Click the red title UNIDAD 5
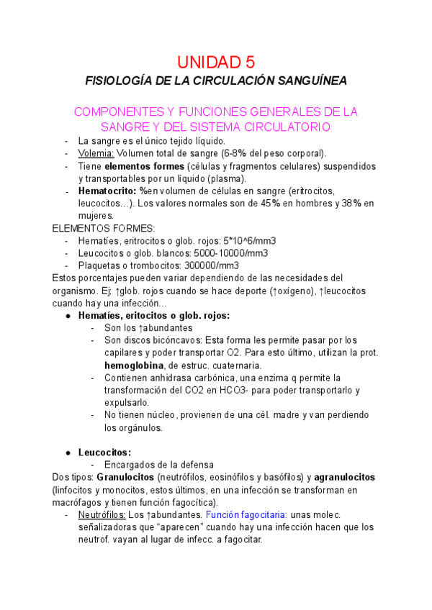pos(216,61)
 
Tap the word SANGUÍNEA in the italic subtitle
pos(315,81)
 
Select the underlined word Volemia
pos(96,153)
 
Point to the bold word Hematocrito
pos(107,191)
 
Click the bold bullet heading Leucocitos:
pos(104,452)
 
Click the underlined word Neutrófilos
pos(102,514)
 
